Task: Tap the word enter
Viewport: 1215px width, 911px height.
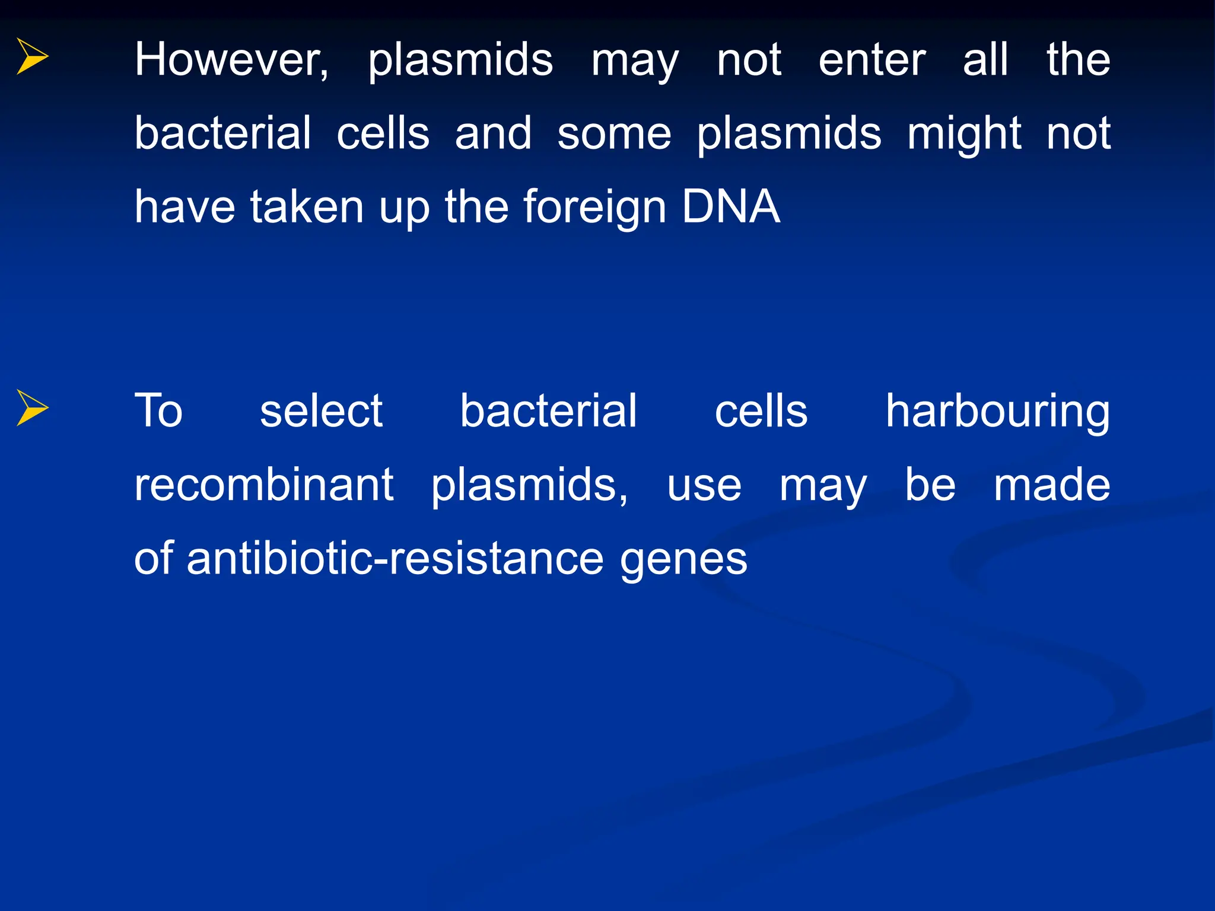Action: (872, 60)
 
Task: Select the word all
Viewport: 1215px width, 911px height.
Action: (985, 60)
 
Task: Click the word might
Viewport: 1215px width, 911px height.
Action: (964, 134)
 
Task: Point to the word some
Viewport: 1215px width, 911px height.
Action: (614, 134)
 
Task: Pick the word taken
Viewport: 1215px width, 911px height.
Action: (307, 207)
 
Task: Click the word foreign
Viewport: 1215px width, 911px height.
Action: (594, 207)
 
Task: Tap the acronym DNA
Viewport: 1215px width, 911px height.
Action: (730, 207)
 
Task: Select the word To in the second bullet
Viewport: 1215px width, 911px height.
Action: (158, 410)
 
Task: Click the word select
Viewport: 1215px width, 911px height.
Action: (322, 410)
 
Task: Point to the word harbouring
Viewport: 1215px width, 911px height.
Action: (997, 412)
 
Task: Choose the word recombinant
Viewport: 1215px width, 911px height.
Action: (264, 485)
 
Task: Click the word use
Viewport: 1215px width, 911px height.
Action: (704, 486)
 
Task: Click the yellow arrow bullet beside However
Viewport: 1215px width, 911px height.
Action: (32, 56)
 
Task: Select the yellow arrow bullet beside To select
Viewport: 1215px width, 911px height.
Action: (32, 407)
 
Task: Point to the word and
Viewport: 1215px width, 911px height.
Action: (493, 134)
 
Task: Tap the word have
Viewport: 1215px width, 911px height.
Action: (185, 207)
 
